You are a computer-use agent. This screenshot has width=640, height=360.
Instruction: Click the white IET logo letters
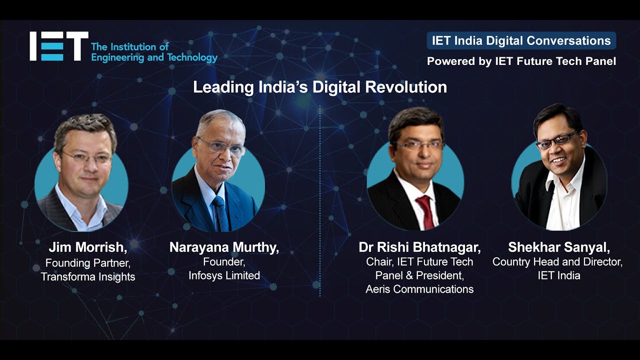coord(59,46)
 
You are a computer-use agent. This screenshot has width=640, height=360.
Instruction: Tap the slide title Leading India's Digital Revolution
coord(320,87)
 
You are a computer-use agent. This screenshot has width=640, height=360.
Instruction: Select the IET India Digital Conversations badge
coord(521,40)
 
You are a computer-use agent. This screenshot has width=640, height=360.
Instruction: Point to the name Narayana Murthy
coord(224,247)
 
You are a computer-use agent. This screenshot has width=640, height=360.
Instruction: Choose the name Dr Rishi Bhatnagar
coord(419,247)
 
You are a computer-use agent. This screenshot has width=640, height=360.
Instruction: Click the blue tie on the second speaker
coord(220,212)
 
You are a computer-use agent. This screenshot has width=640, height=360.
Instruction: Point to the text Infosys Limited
coord(224,275)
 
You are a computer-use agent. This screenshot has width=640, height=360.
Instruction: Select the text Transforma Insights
coord(88,276)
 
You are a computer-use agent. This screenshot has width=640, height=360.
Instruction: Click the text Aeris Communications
coord(419,289)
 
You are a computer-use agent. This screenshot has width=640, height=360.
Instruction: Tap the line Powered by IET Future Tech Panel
coord(521,61)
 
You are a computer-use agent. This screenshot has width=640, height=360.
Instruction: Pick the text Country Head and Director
coord(557,261)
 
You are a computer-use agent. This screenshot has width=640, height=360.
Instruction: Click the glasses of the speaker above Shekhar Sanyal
coord(557,140)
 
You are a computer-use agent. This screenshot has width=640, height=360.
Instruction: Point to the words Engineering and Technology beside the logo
coord(154,57)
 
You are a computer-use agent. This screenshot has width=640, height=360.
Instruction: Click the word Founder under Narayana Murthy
coord(224,261)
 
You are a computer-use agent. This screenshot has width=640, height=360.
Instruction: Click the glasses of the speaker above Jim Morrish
coord(86,157)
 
